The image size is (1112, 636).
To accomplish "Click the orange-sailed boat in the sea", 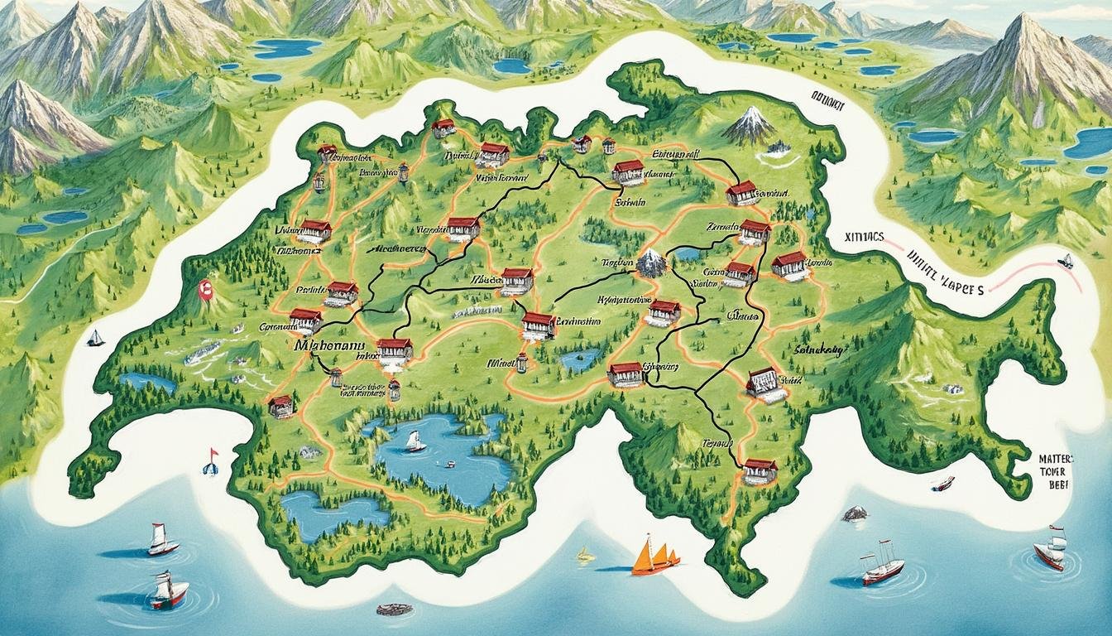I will click(x=654, y=556).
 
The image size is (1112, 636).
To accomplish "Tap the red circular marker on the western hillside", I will click(x=206, y=289).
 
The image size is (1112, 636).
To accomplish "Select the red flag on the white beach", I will click(x=211, y=460).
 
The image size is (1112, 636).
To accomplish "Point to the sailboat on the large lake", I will click(x=415, y=442).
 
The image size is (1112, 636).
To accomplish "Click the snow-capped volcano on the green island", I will click(x=750, y=125).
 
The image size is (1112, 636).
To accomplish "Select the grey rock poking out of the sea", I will click(x=855, y=513).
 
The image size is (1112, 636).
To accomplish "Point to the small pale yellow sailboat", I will click(x=586, y=554).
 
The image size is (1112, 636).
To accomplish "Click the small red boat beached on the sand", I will click(x=942, y=483).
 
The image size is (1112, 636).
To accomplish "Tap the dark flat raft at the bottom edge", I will click(x=394, y=609).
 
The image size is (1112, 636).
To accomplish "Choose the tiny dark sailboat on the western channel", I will click(x=96, y=338).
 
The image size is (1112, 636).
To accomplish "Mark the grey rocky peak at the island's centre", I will click(x=651, y=263).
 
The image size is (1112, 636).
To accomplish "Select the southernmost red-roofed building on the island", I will click(x=760, y=471).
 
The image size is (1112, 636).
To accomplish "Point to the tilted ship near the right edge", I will click(x=1051, y=549).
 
